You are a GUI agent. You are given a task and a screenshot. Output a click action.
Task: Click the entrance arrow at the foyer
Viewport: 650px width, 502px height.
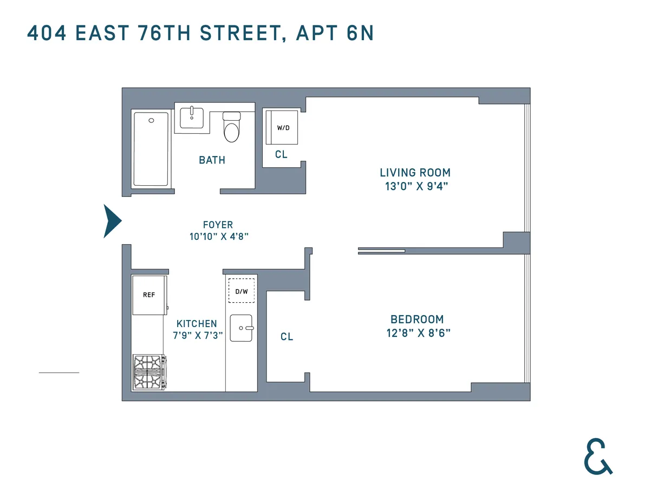[112, 221]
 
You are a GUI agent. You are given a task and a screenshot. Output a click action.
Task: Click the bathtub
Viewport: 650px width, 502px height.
[151, 149]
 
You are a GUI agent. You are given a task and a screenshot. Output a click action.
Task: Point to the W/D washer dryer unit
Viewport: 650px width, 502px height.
[282, 128]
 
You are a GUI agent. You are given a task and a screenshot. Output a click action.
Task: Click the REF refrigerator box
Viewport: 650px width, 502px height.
[149, 295]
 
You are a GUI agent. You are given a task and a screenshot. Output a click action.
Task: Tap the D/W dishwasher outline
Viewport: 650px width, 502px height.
[241, 291]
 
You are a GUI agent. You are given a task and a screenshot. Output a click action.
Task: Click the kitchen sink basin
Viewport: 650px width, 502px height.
[242, 328]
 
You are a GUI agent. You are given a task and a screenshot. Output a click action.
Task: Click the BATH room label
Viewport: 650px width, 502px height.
[212, 160]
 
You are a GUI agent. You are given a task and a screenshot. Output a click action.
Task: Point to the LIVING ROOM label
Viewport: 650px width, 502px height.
[415, 173]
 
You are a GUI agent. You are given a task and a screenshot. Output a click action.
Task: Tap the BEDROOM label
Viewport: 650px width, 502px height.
[417, 320]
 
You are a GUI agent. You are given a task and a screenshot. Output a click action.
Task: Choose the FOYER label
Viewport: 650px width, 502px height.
[218, 225]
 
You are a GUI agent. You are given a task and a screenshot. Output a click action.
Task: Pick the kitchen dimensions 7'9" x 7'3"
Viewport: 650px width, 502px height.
[196, 336]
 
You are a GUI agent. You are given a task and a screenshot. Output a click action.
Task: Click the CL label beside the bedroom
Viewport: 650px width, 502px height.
[287, 337]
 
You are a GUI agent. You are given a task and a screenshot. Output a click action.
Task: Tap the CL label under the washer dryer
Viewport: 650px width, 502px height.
[281, 155]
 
